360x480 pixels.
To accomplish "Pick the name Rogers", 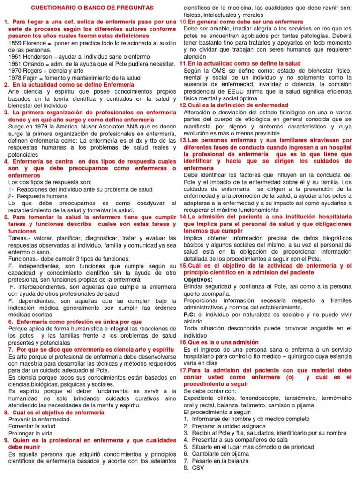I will pos(35,70).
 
